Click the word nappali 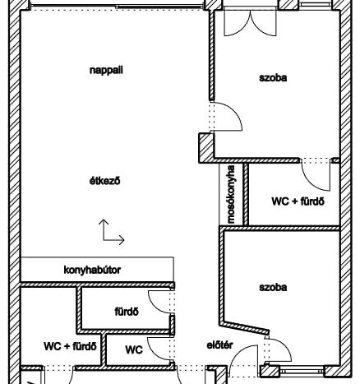click(106, 70)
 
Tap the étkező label click(105, 181)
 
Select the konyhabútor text click(92, 270)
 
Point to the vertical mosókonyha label click(231, 194)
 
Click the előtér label click(219, 345)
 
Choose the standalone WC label click(134, 349)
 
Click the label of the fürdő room click(127, 312)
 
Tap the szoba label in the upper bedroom click(273, 78)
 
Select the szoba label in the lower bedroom click(273, 287)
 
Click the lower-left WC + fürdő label click(70, 346)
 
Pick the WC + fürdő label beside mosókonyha click(298, 201)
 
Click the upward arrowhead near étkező click(104, 221)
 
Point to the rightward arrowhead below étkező click(122, 240)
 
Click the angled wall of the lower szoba click(245, 328)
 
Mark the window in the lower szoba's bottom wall click(301, 372)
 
